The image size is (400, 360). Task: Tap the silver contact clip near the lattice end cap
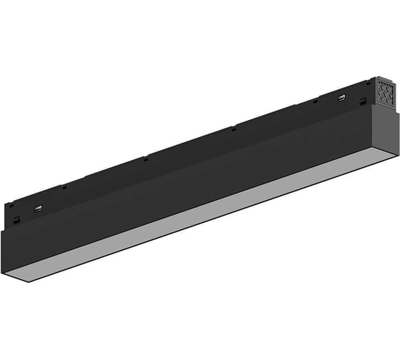coord(341,98)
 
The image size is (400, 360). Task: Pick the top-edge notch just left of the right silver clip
coord(314,101)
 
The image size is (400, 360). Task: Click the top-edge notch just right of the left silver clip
coord(64,187)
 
